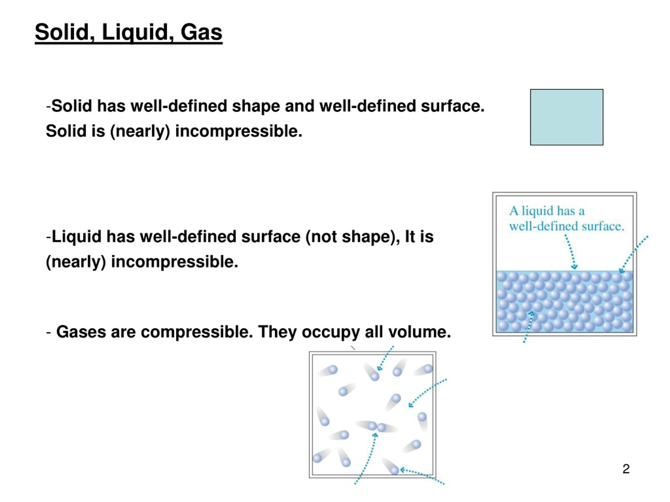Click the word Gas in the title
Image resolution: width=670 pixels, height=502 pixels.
click(x=202, y=32)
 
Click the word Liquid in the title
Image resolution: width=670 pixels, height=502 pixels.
click(x=135, y=32)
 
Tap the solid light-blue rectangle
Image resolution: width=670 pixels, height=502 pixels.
click(x=566, y=117)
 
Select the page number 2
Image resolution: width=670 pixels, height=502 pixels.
click(x=626, y=469)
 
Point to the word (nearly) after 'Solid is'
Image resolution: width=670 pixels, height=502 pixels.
click(x=140, y=131)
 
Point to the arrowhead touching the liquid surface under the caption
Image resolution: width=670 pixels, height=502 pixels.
click(x=574, y=267)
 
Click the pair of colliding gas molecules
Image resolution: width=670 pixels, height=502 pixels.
click(x=377, y=427)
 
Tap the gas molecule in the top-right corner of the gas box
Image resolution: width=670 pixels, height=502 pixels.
click(x=428, y=369)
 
